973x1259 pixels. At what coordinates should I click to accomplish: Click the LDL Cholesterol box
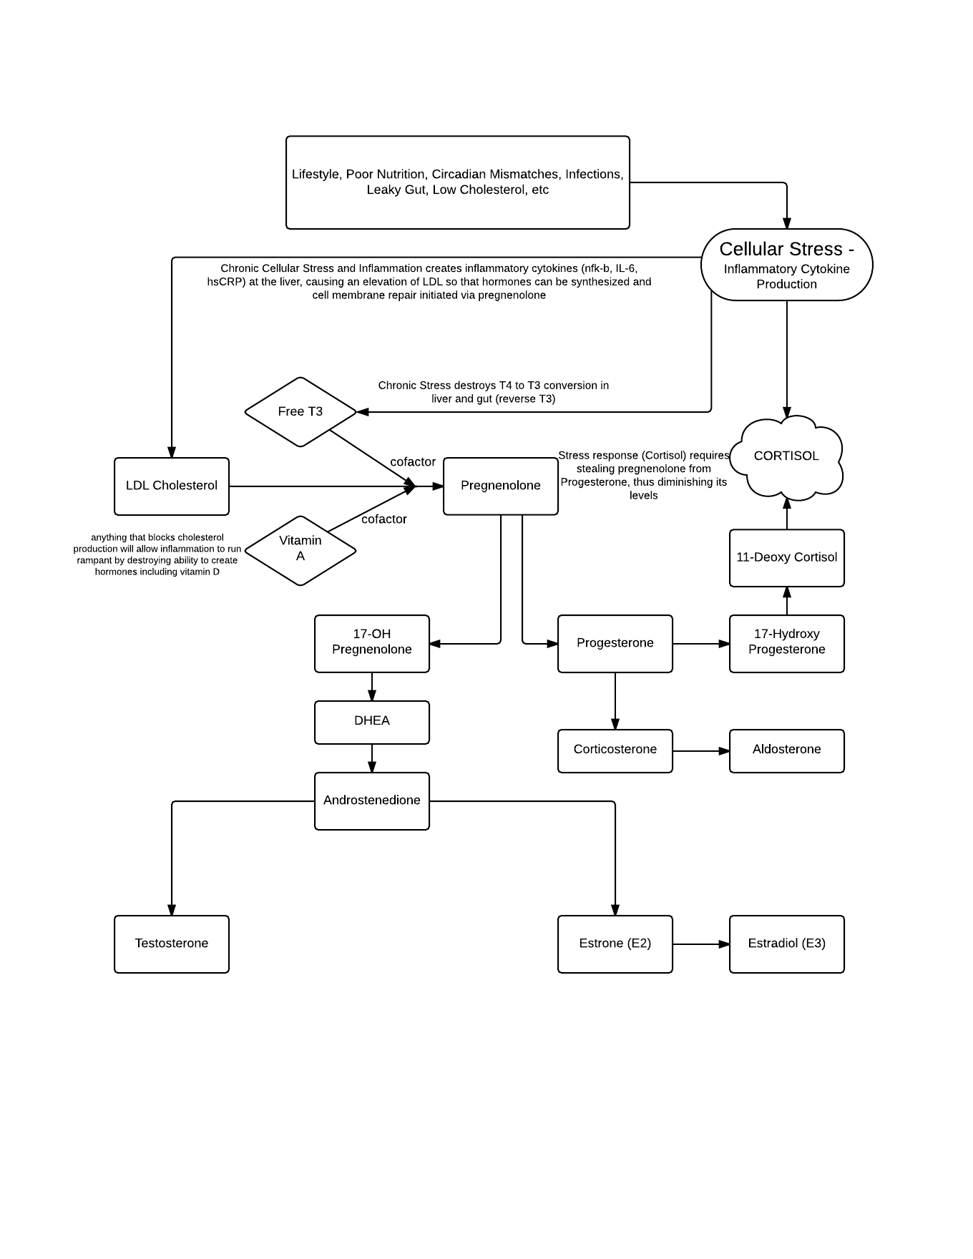point(172,486)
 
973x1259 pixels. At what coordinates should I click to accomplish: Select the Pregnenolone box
point(501,486)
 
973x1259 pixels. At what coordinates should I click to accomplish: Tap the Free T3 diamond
point(300,412)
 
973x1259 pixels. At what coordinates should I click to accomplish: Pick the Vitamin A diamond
point(300,551)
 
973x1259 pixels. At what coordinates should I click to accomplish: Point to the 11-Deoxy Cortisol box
point(787,558)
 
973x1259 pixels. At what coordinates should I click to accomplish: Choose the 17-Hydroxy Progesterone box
point(787,644)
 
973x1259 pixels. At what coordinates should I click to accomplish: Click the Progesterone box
point(615,644)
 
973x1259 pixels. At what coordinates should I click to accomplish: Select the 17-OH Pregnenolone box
point(372,644)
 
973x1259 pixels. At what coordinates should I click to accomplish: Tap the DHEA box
point(372,722)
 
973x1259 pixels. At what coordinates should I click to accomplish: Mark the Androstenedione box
point(372,801)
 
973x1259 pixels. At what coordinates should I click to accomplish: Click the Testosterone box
point(172,944)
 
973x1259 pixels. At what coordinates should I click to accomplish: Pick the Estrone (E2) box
point(615,944)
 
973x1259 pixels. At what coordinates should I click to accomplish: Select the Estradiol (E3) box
point(787,944)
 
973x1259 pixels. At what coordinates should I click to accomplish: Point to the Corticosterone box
point(615,751)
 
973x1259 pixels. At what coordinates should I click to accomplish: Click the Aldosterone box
point(787,751)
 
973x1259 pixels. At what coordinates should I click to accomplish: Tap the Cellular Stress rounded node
point(787,265)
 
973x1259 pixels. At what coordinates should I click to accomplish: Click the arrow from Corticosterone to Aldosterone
point(701,751)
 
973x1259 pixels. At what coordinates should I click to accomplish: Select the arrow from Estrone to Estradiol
point(701,944)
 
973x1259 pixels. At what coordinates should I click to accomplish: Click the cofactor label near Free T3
point(413,462)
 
